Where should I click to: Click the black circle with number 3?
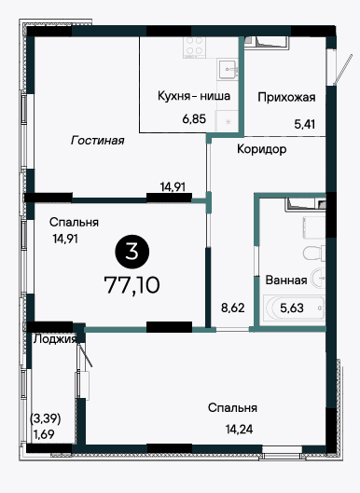click(x=132, y=252)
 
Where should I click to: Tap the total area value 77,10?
click(x=132, y=285)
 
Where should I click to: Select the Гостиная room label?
click(x=98, y=140)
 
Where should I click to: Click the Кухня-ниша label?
click(x=194, y=96)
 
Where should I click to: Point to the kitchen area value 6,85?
click(x=194, y=119)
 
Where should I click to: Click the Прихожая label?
click(x=286, y=98)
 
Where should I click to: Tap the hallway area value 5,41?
click(x=305, y=124)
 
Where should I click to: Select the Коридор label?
click(x=261, y=149)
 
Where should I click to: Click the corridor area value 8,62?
click(x=233, y=308)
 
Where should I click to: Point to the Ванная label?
click(x=286, y=280)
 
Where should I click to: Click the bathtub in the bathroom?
click(x=294, y=308)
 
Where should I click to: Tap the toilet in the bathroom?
click(x=314, y=253)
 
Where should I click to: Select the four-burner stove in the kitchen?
click(x=195, y=48)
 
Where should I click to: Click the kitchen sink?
click(x=228, y=69)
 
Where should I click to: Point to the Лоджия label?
click(x=55, y=338)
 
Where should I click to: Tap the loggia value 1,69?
click(x=44, y=434)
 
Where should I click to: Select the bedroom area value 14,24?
click(x=239, y=429)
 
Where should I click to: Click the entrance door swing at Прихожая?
click(x=342, y=70)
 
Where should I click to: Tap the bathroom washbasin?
click(x=318, y=278)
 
